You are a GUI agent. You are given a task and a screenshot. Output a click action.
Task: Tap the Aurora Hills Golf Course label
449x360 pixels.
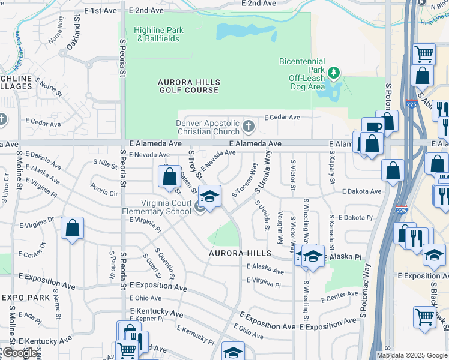[x=189, y=86]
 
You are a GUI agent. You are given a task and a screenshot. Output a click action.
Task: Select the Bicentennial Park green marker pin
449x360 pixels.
[x=334, y=73]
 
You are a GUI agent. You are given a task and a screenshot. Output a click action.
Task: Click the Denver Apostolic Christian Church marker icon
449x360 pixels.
[x=249, y=127]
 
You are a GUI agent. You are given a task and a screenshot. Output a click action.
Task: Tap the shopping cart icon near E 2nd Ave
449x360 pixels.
[x=424, y=54]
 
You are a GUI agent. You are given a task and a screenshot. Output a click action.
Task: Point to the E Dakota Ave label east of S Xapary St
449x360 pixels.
[x=361, y=191]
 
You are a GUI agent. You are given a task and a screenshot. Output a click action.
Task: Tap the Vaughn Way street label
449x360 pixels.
[x=280, y=230]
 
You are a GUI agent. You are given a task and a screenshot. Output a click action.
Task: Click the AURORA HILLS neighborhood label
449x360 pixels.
[x=241, y=254]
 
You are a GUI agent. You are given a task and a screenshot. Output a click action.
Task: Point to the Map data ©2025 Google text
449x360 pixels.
[x=412, y=355]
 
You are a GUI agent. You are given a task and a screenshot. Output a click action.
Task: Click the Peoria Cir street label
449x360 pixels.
[x=104, y=193]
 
